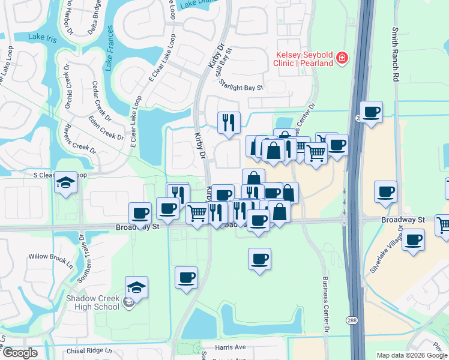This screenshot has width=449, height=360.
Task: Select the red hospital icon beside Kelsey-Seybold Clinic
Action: click(x=342, y=58)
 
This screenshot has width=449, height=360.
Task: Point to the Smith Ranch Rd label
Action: click(x=395, y=54)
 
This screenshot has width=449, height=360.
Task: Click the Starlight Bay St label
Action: click(x=241, y=87)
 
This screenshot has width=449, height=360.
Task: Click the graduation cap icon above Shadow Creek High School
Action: click(x=136, y=287)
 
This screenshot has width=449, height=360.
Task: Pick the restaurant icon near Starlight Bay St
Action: click(x=229, y=123)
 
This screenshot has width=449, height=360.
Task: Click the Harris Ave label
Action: click(x=231, y=347)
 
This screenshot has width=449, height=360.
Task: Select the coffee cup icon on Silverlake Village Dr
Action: click(x=413, y=239)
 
